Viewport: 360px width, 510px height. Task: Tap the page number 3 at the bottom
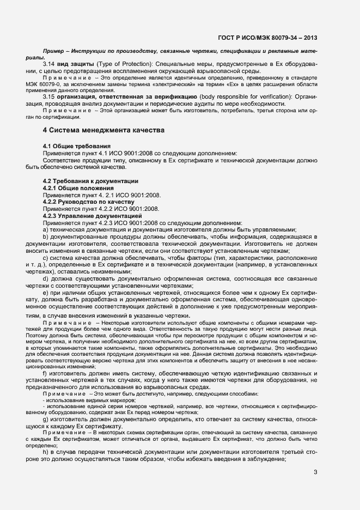315,472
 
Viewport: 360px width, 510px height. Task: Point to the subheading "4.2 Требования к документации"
90,180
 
